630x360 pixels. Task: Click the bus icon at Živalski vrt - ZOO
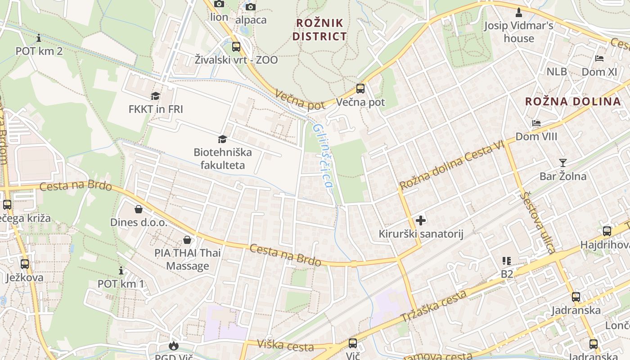[x=236, y=47]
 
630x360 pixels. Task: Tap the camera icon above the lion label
[x=219, y=4]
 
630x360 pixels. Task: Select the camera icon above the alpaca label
[x=251, y=6]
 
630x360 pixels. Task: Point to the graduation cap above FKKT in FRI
[x=155, y=96]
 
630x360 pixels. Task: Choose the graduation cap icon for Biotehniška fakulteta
[x=222, y=139]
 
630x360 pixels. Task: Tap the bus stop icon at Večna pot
[x=360, y=89]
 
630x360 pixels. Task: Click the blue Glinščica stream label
[x=323, y=156]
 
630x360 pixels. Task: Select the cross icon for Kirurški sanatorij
[x=421, y=220]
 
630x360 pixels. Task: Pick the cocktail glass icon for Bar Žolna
[x=563, y=162]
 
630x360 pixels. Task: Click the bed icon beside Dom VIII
[x=536, y=123]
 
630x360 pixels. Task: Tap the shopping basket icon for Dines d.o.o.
[x=139, y=209]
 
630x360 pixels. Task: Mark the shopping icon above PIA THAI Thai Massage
[x=187, y=240]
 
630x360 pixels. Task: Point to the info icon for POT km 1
[x=121, y=271]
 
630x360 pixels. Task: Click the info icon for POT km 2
[x=39, y=38]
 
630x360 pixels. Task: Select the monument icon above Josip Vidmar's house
[x=518, y=12]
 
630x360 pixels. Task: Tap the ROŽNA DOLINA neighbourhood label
[x=573, y=101]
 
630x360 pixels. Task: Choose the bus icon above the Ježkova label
[x=25, y=264]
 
